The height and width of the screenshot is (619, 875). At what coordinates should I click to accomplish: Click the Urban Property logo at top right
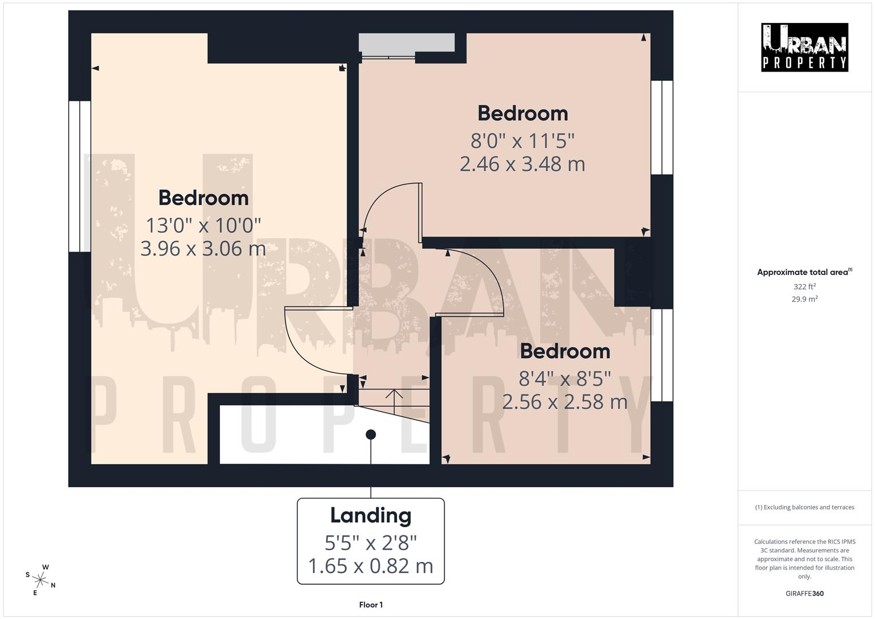pyautogui.click(x=804, y=47)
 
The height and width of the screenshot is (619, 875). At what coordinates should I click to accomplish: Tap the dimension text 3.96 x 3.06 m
pyautogui.click(x=203, y=249)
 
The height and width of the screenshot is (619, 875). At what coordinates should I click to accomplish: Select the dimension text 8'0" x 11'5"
pyautogui.click(x=522, y=140)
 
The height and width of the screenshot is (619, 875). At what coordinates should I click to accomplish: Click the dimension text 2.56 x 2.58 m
pyautogui.click(x=564, y=402)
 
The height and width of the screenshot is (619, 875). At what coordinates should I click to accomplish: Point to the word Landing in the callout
pyautogui.click(x=370, y=515)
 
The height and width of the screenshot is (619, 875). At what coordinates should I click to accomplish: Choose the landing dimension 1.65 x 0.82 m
pyautogui.click(x=370, y=566)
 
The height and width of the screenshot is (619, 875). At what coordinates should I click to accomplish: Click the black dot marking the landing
pyautogui.click(x=371, y=434)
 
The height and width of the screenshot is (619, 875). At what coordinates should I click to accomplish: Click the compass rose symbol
pyautogui.click(x=41, y=579)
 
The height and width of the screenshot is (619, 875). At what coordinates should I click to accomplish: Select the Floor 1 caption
pyautogui.click(x=371, y=605)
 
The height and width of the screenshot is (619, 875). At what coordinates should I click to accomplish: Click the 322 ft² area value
pyautogui.click(x=804, y=287)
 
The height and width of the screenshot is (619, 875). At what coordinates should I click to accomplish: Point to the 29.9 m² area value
pyautogui.click(x=804, y=299)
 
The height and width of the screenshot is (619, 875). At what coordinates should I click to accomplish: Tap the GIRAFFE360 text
pyautogui.click(x=804, y=593)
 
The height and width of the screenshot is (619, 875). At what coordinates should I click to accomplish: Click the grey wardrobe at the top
pyautogui.click(x=406, y=42)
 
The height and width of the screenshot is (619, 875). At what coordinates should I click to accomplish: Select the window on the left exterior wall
pyautogui.click(x=80, y=177)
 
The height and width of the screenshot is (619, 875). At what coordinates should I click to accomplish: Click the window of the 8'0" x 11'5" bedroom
pyautogui.click(x=662, y=127)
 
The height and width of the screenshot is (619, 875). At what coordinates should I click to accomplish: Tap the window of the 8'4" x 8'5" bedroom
pyautogui.click(x=662, y=355)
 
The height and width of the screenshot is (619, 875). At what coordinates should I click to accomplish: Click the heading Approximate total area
pyautogui.click(x=804, y=272)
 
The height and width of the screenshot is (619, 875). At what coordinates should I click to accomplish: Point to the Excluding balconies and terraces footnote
pyautogui.click(x=804, y=507)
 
